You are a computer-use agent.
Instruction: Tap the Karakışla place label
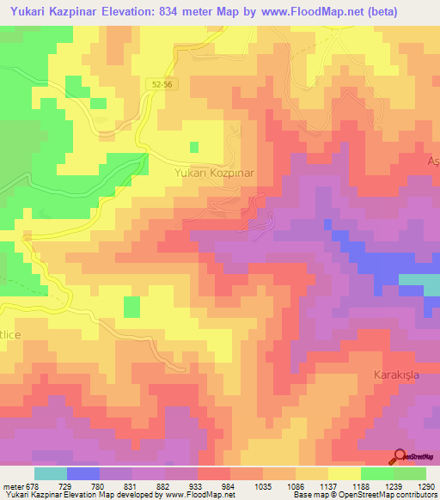coord(400,375)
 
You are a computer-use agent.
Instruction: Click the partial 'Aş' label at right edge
coord(432,162)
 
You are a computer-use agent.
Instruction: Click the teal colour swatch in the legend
coord(50,473)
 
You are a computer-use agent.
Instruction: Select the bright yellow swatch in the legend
coord(344,473)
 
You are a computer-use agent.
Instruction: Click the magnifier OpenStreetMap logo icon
coord(400,458)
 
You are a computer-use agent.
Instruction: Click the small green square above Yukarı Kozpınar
coord(194,147)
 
